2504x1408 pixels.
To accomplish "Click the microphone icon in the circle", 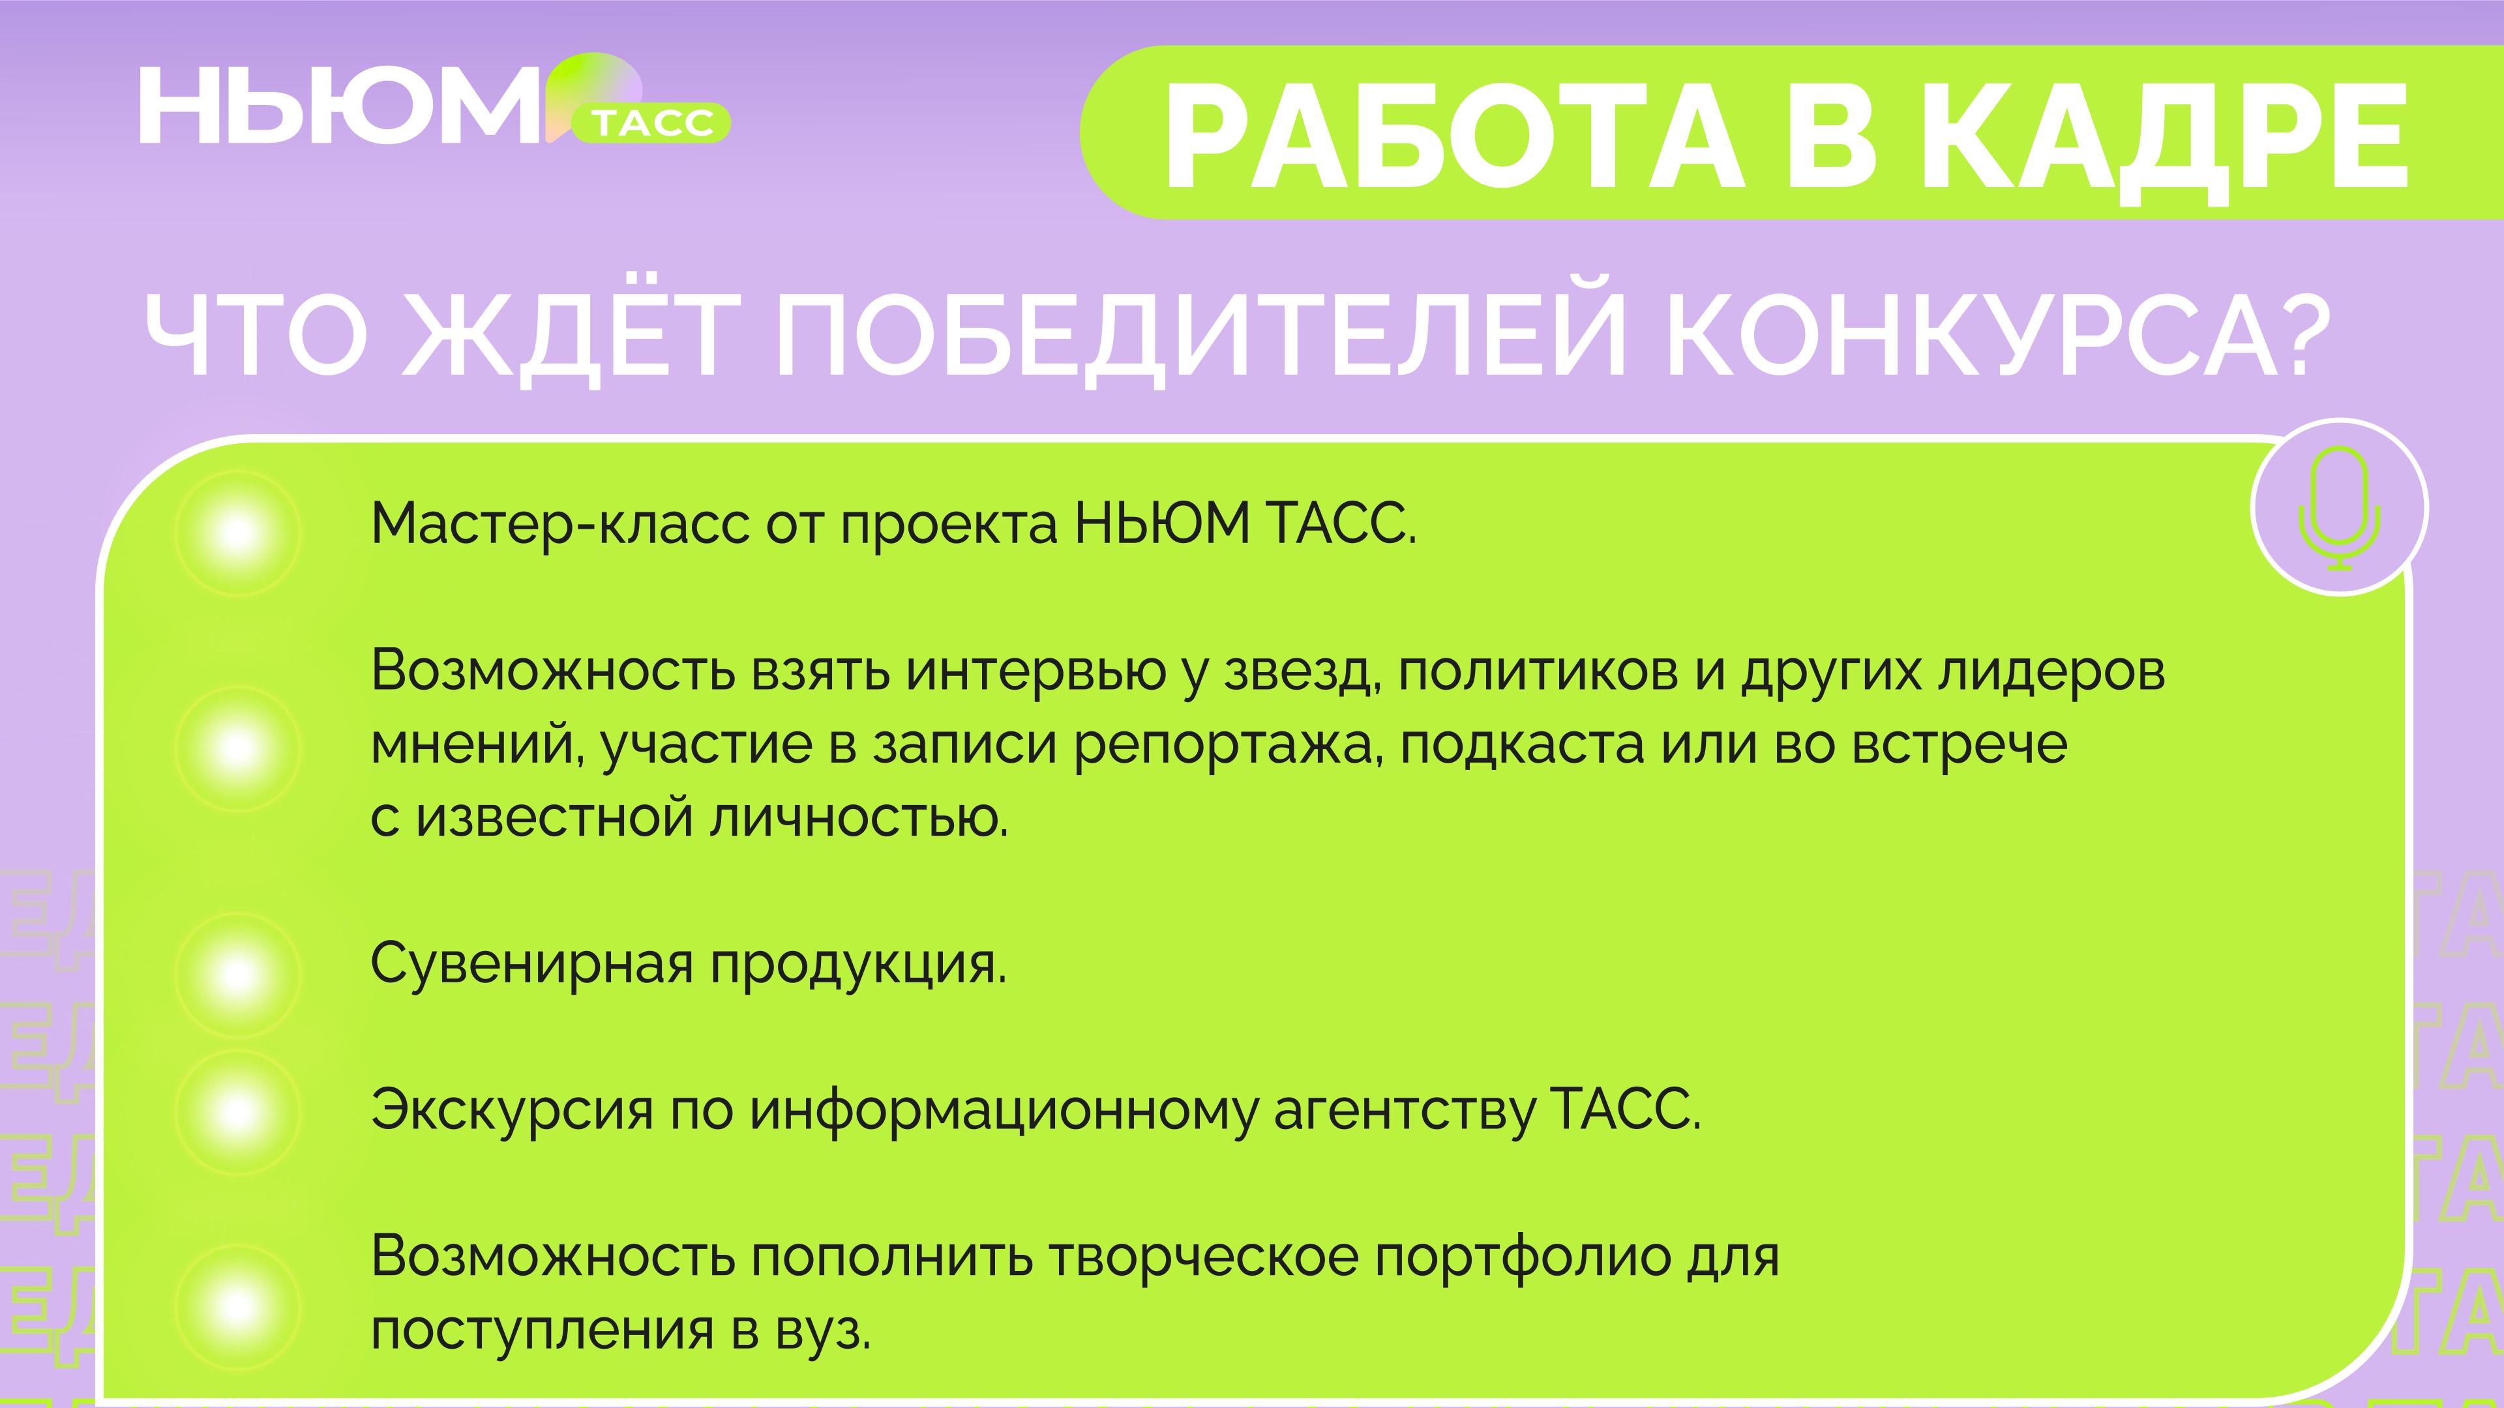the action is point(2340,507).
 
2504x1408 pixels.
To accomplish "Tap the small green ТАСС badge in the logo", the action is point(652,123).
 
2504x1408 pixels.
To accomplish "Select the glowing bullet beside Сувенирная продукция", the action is point(237,974).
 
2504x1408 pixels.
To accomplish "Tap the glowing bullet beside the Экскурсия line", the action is point(237,1111).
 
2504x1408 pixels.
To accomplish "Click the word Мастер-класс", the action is point(560,525).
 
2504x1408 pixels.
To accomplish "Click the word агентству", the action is point(1405,1111).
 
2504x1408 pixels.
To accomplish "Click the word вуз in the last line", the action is point(822,1331).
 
